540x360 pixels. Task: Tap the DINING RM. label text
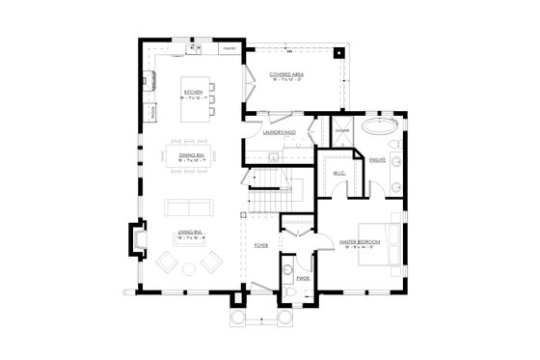(x=191, y=154)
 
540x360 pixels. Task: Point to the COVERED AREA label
(x=288, y=74)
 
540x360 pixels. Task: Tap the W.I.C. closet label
(x=339, y=173)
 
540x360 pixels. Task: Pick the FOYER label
(x=261, y=245)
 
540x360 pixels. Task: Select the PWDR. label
(x=301, y=280)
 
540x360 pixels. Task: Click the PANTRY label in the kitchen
(x=229, y=46)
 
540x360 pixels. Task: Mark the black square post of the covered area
(x=337, y=52)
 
